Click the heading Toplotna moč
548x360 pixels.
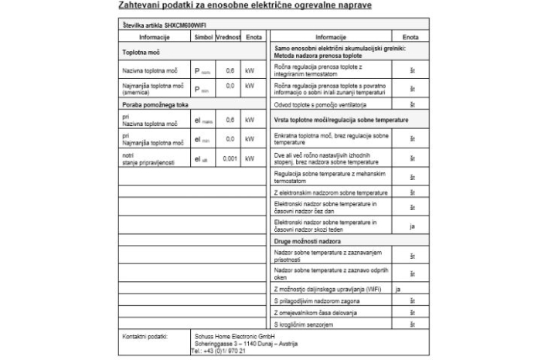[139, 53]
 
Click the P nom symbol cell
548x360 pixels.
[203, 71]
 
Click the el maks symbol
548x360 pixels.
[203, 121]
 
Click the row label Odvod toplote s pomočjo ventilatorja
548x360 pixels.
[320, 104]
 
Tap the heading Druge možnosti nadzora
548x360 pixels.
[308, 241]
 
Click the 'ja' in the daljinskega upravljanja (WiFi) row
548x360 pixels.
[398, 288]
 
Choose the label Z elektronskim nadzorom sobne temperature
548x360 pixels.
[330, 192]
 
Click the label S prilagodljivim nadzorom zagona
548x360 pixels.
[318, 300]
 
